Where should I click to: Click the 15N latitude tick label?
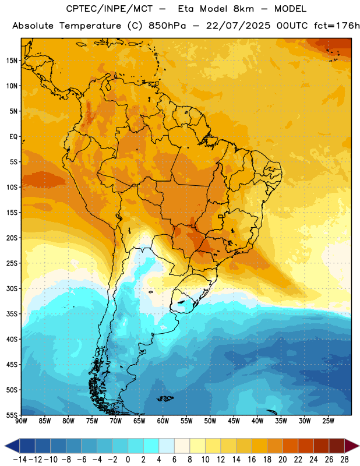[12, 61]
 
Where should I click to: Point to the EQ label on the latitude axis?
[13, 137]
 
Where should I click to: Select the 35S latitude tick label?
[12, 314]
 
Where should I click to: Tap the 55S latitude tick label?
[12, 415]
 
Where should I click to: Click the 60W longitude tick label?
[163, 421]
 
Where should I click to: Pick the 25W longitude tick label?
[328, 421]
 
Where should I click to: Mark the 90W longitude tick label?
[21, 421]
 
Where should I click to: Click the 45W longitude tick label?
[234, 421]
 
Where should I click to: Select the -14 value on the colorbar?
[20, 460]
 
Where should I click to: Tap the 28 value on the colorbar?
[344, 460]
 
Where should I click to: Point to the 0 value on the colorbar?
[128, 460]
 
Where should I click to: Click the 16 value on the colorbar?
[252, 460]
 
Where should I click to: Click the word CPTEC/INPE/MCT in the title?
[109, 9]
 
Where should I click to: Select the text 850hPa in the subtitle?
[167, 26]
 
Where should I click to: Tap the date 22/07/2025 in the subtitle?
[238, 26]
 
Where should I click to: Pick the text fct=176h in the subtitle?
[337, 26]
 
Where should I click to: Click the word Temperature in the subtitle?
[90, 26]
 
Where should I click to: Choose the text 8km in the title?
[243, 9]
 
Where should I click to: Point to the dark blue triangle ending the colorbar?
[12, 446]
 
